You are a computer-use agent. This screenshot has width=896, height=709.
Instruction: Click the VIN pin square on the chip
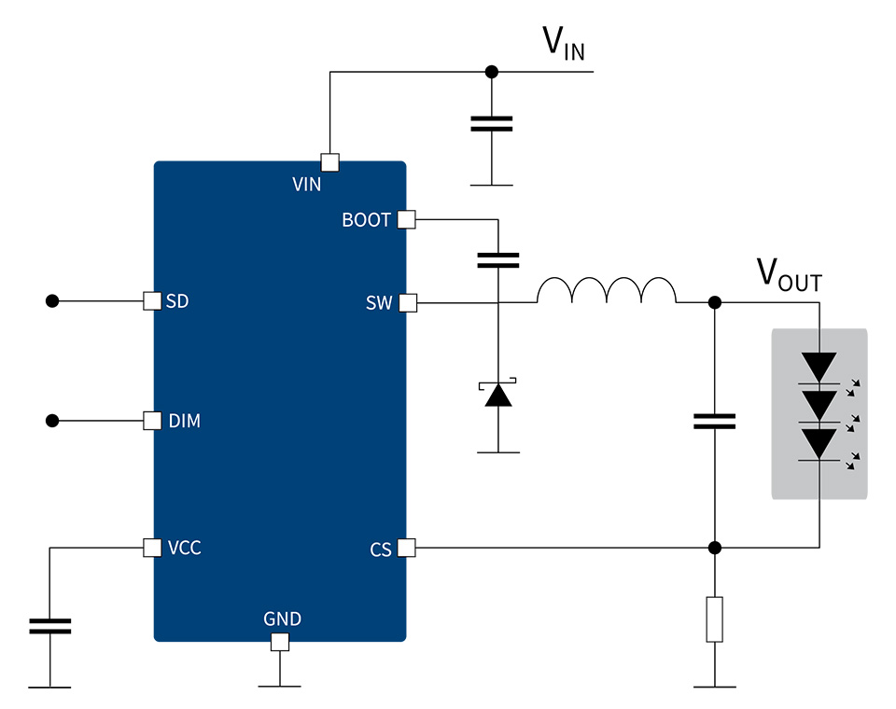coord(329,162)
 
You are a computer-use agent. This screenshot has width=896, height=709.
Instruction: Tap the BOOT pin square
coord(406,219)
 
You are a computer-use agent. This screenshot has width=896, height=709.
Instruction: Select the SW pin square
coord(408,303)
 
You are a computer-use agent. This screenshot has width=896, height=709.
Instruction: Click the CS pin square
coord(406,548)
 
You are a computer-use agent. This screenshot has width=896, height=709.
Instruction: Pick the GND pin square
coord(279,642)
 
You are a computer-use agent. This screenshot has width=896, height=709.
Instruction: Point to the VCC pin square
coord(152,548)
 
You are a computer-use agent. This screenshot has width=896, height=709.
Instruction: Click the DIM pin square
coord(152,421)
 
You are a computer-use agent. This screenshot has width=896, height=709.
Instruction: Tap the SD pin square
coord(152,301)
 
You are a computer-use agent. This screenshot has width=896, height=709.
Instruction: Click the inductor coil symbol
coord(607,290)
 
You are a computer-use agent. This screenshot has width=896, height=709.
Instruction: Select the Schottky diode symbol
coord(497,393)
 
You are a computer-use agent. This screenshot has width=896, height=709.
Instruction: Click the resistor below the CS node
coord(714,619)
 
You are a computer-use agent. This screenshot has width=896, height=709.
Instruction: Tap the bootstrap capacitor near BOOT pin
coord(498,260)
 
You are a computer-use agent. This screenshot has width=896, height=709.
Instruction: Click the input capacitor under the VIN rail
coord(492,124)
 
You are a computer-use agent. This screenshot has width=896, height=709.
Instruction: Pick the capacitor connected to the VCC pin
coord(50,626)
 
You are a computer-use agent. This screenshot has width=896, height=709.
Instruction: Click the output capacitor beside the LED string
coord(714,422)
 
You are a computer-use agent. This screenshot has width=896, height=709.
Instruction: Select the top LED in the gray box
coord(819,368)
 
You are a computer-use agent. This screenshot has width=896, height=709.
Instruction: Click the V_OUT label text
coord(790,275)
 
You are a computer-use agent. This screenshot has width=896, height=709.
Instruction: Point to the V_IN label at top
coord(564,43)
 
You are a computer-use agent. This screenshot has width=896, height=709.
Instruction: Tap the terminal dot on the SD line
coord(52,301)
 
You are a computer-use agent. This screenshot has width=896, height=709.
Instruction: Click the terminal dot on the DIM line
coord(52,421)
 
